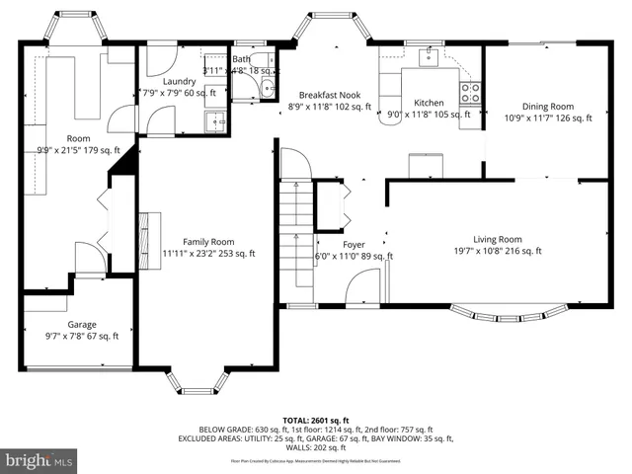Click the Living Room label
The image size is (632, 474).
point(497,239)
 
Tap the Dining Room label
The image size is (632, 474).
point(547,106)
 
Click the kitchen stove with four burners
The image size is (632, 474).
point(471,92)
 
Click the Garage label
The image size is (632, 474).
point(82,324)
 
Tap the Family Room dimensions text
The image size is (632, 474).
point(208,254)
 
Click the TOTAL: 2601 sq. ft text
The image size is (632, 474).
point(316,420)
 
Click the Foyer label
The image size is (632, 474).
point(354,244)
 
